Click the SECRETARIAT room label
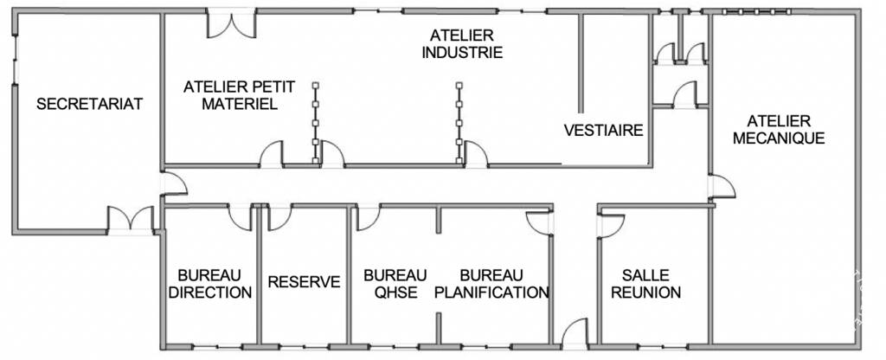point(89,104)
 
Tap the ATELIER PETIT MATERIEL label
point(239,95)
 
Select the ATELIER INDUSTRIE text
point(462,44)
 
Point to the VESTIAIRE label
point(603,131)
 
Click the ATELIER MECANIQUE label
point(779,130)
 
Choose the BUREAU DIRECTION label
point(210,284)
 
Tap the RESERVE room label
point(304,282)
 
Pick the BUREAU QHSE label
point(395,284)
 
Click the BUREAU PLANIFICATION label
point(491,284)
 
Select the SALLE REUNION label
point(645,284)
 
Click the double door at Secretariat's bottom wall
point(131,220)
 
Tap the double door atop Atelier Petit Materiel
point(231,23)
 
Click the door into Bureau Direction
point(241,217)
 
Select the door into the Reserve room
point(279,217)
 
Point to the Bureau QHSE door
point(369,217)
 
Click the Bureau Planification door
point(538,223)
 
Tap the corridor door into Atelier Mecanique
point(722,187)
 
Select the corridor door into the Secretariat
point(173,183)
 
